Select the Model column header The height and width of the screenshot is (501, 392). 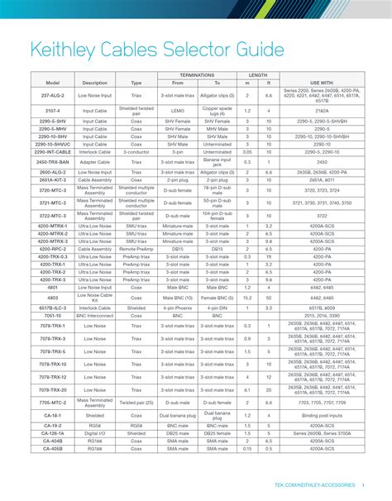click(x=52, y=83)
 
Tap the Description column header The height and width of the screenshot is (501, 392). click(x=95, y=83)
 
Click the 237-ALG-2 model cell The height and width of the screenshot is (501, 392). click(x=52, y=94)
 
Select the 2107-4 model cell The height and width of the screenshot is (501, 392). click(x=52, y=109)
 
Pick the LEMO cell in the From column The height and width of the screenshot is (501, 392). click(x=173, y=109)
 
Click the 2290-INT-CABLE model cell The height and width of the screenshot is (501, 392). click(x=52, y=152)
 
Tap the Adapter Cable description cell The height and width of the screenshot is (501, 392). click(x=95, y=162)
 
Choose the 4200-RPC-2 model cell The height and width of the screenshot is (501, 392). click(x=52, y=248)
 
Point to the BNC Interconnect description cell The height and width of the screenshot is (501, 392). click(x=95, y=315)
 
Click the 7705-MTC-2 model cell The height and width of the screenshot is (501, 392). click(x=52, y=402)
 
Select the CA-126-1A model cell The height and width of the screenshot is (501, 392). click(x=52, y=433)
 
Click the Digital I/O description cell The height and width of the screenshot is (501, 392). click(x=95, y=433)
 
